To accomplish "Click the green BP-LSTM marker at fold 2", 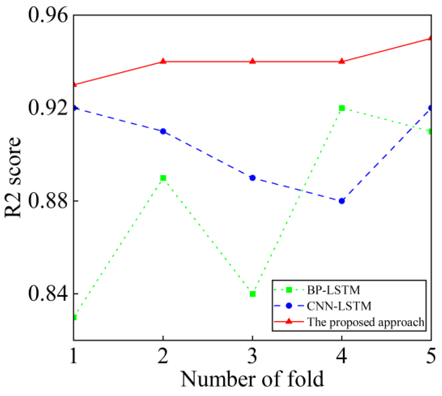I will [x=163, y=178].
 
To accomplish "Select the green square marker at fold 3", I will [x=253, y=294].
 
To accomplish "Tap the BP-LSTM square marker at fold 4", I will [x=342, y=108].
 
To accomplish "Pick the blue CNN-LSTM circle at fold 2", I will [x=163, y=131].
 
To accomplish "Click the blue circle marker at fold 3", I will [x=253, y=178].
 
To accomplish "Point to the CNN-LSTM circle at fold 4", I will [x=342, y=201].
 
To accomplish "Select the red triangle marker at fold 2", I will [x=163, y=61].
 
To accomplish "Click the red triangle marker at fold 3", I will [x=253, y=61].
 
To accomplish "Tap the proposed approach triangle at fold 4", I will [x=342, y=61].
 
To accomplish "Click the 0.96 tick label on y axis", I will [x=47, y=15].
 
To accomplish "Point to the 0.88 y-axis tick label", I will [x=47, y=201].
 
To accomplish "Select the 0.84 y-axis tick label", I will [x=47, y=294].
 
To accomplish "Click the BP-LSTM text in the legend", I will [x=334, y=290].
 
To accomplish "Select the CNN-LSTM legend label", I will [x=339, y=306].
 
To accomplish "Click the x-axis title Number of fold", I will [x=252, y=379].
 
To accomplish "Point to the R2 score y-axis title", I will [x=13, y=177].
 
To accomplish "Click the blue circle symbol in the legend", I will [x=289, y=306].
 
